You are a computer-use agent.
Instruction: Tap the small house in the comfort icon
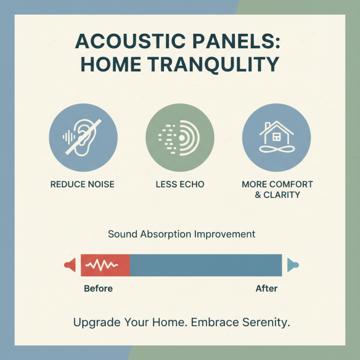tap(276, 132)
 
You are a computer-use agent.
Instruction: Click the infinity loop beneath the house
tap(276, 150)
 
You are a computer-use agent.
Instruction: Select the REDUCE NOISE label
tap(82, 184)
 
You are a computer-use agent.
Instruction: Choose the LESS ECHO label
tap(180, 184)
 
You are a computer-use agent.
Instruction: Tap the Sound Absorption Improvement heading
tap(181, 234)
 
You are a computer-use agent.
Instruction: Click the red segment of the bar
tap(105, 265)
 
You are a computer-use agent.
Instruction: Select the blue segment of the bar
tap(205, 265)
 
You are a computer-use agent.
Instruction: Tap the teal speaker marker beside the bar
tap(292, 265)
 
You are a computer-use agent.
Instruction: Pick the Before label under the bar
tap(98, 288)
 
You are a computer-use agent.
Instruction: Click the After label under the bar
tap(266, 288)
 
